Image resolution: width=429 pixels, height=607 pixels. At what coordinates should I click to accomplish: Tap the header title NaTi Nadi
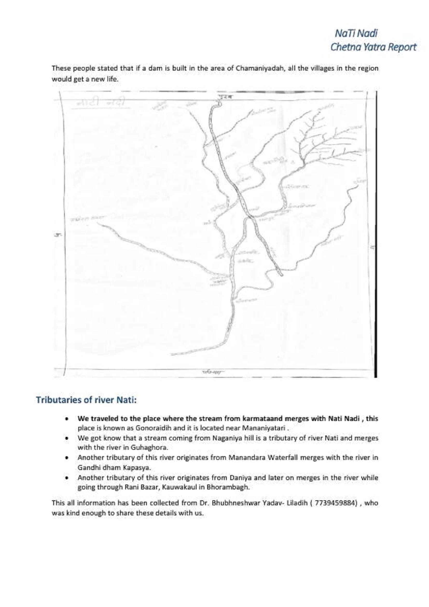[356, 33]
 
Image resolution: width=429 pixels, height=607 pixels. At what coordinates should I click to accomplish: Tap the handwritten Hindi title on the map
[100, 104]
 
